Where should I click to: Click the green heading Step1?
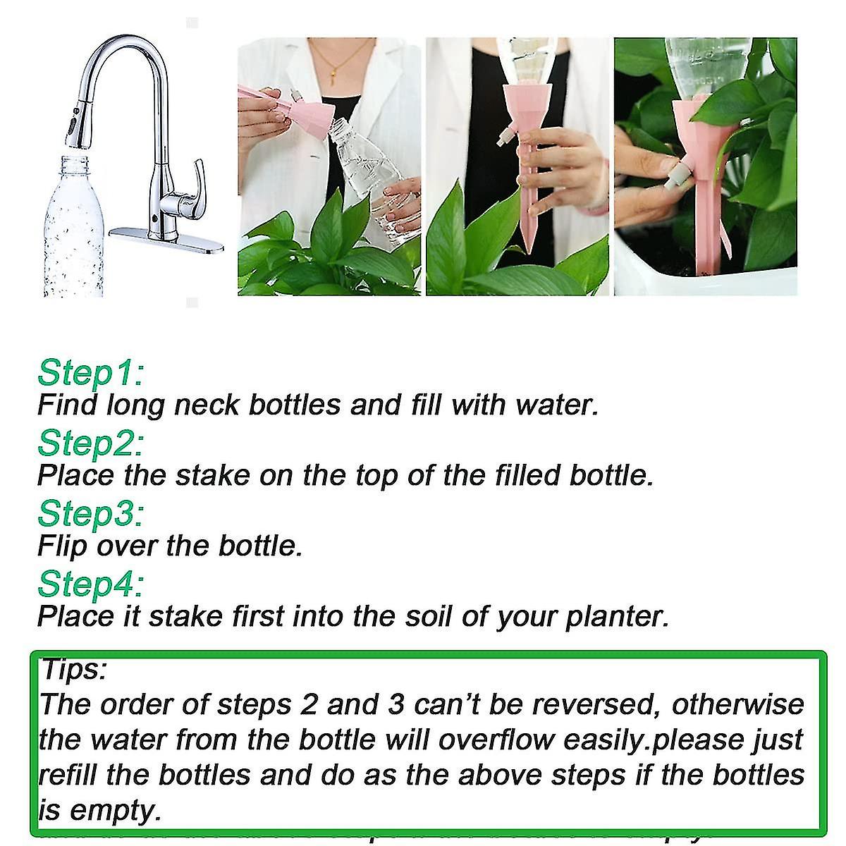pos(90,373)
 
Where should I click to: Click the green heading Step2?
pos(90,443)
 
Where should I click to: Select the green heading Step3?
pos(90,513)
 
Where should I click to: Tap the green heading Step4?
pos(90,584)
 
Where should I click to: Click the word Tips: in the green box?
pos(73,669)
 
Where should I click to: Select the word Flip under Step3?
pos(61,546)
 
